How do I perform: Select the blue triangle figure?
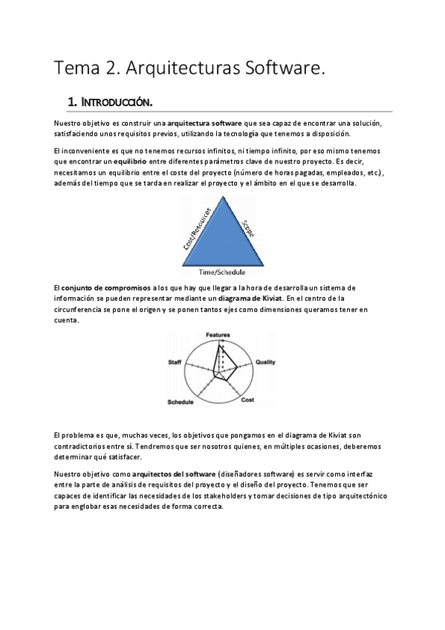(x=223, y=238)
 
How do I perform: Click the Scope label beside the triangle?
(x=248, y=227)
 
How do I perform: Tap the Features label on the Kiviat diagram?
(x=218, y=336)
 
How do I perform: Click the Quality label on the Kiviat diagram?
(x=266, y=362)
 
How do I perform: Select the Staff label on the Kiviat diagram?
(x=175, y=362)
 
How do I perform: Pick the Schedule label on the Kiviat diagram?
(x=181, y=402)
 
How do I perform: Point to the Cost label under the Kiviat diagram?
(x=248, y=400)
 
